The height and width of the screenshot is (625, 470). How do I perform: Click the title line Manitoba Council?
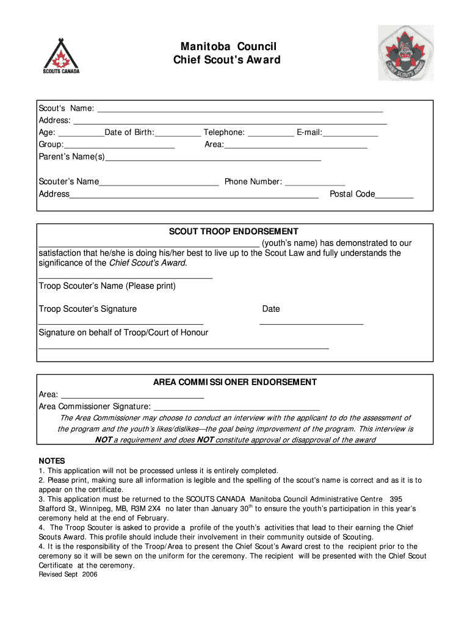pos(228,47)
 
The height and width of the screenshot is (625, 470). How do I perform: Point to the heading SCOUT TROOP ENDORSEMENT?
pos(234,231)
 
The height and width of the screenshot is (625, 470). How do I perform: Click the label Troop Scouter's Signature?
pos(88,309)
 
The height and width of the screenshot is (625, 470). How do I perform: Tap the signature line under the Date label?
pos(311,323)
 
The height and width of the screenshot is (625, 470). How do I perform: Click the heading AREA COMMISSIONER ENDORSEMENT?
pos(234,382)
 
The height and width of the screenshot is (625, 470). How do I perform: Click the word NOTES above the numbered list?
pos(52,461)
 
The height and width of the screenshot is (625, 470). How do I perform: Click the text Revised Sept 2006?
pos(68,574)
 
